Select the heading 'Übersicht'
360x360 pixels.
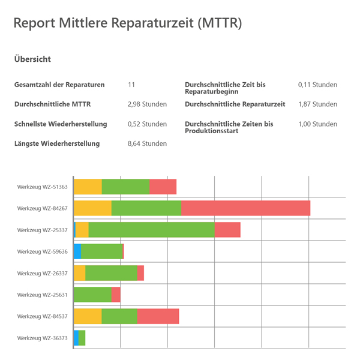click(x=32, y=59)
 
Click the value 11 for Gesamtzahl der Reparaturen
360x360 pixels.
click(x=131, y=85)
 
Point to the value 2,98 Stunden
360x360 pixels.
click(x=147, y=104)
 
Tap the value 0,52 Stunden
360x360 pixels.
click(x=147, y=124)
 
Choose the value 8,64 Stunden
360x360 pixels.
click(x=147, y=143)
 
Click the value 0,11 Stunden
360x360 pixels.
click(x=317, y=85)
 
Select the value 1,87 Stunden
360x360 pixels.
click(x=317, y=104)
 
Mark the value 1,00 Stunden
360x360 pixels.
click(x=317, y=124)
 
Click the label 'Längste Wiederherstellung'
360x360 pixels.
click(x=57, y=143)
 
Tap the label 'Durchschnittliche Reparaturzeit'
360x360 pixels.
click(x=235, y=104)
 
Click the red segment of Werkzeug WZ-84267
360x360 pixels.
click(x=245, y=208)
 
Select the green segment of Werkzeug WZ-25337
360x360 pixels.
click(x=151, y=230)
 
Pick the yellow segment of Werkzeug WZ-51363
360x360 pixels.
click(x=88, y=187)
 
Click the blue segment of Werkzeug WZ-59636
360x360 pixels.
click(x=77, y=251)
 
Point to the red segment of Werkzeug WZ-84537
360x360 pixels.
click(x=158, y=316)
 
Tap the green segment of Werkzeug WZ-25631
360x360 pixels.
click(x=92, y=295)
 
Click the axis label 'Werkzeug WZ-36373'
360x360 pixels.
click(x=43, y=338)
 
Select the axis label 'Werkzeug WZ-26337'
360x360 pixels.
click(x=43, y=274)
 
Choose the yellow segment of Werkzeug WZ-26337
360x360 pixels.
click(x=79, y=273)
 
